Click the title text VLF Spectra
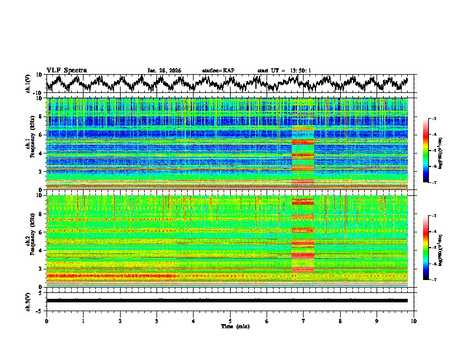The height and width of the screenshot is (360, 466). [66, 71]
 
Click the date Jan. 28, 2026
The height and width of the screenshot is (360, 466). [164, 71]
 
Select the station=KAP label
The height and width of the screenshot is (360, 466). [218, 71]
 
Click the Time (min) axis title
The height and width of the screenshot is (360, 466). [230, 326]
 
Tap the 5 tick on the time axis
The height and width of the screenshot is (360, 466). [230, 321]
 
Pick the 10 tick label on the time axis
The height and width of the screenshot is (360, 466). [414, 321]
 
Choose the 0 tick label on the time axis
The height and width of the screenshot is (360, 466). [46, 321]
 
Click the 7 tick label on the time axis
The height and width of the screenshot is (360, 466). [304, 321]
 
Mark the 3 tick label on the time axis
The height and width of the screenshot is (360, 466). [157, 321]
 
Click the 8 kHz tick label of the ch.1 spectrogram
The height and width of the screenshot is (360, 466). [42, 116]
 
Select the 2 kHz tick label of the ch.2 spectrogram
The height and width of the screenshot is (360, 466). [42, 268]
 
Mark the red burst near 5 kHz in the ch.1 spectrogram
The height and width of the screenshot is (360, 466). [303, 142]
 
